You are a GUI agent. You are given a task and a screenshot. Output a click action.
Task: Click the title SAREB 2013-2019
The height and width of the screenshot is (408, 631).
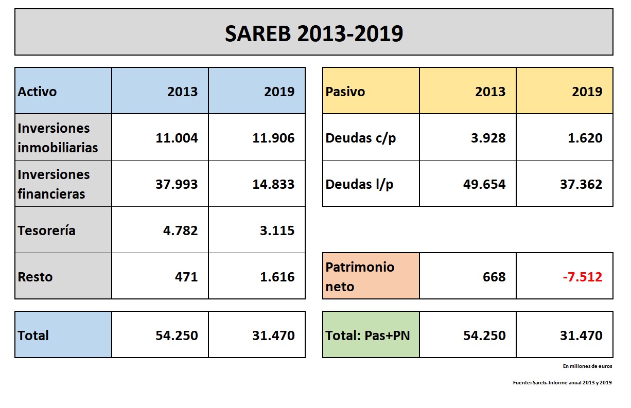(x=313, y=33)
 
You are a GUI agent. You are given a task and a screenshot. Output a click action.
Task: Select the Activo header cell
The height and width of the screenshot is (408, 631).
(x=63, y=92)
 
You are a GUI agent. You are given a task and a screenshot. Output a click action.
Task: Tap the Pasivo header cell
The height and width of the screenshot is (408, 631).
(x=371, y=92)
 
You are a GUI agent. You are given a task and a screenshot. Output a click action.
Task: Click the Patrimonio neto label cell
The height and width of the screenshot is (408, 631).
(x=371, y=276)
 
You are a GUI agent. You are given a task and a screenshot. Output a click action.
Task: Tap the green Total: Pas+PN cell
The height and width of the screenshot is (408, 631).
(x=371, y=335)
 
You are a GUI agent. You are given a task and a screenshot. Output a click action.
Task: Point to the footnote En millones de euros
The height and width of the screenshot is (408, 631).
(x=587, y=366)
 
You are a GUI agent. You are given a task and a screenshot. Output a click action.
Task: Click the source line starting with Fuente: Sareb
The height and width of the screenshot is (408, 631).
(x=562, y=383)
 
